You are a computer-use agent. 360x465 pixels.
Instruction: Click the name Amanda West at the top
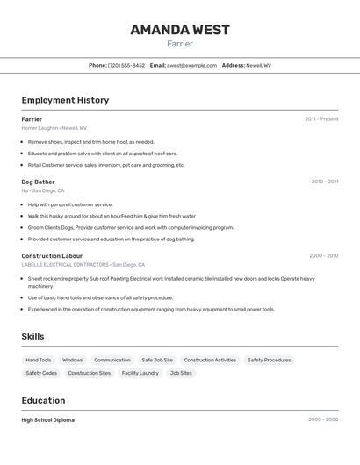click(x=180, y=30)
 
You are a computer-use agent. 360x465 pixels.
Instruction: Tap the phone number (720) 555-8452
click(x=126, y=65)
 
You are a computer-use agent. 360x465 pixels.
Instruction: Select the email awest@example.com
click(x=191, y=65)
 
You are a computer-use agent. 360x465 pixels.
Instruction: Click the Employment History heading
click(x=65, y=100)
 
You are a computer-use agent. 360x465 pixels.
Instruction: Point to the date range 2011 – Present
click(x=321, y=119)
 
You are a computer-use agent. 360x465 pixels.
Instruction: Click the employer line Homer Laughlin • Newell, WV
click(x=54, y=128)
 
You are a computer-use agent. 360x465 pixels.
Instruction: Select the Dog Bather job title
click(x=38, y=182)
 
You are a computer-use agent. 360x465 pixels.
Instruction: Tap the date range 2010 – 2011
click(x=324, y=182)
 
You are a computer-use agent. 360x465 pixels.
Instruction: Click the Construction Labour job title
click(x=52, y=255)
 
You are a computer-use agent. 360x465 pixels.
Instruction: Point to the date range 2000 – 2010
click(x=323, y=255)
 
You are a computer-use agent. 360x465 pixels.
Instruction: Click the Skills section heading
click(x=32, y=337)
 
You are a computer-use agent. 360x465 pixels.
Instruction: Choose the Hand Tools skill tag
click(x=39, y=360)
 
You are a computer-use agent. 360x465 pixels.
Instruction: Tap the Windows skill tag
click(x=73, y=360)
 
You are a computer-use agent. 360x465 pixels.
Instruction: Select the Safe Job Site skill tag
click(x=157, y=360)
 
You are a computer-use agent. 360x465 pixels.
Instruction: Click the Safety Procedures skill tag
click(x=269, y=360)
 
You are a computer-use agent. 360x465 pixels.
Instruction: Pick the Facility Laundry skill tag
click(x=140, y=373)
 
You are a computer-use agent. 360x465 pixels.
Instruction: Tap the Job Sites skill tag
click(x=181, y=373)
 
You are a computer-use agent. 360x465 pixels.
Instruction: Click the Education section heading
click(x=44, y=400)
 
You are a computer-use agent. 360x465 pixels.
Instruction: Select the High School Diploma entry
click(x=48, y=420)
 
